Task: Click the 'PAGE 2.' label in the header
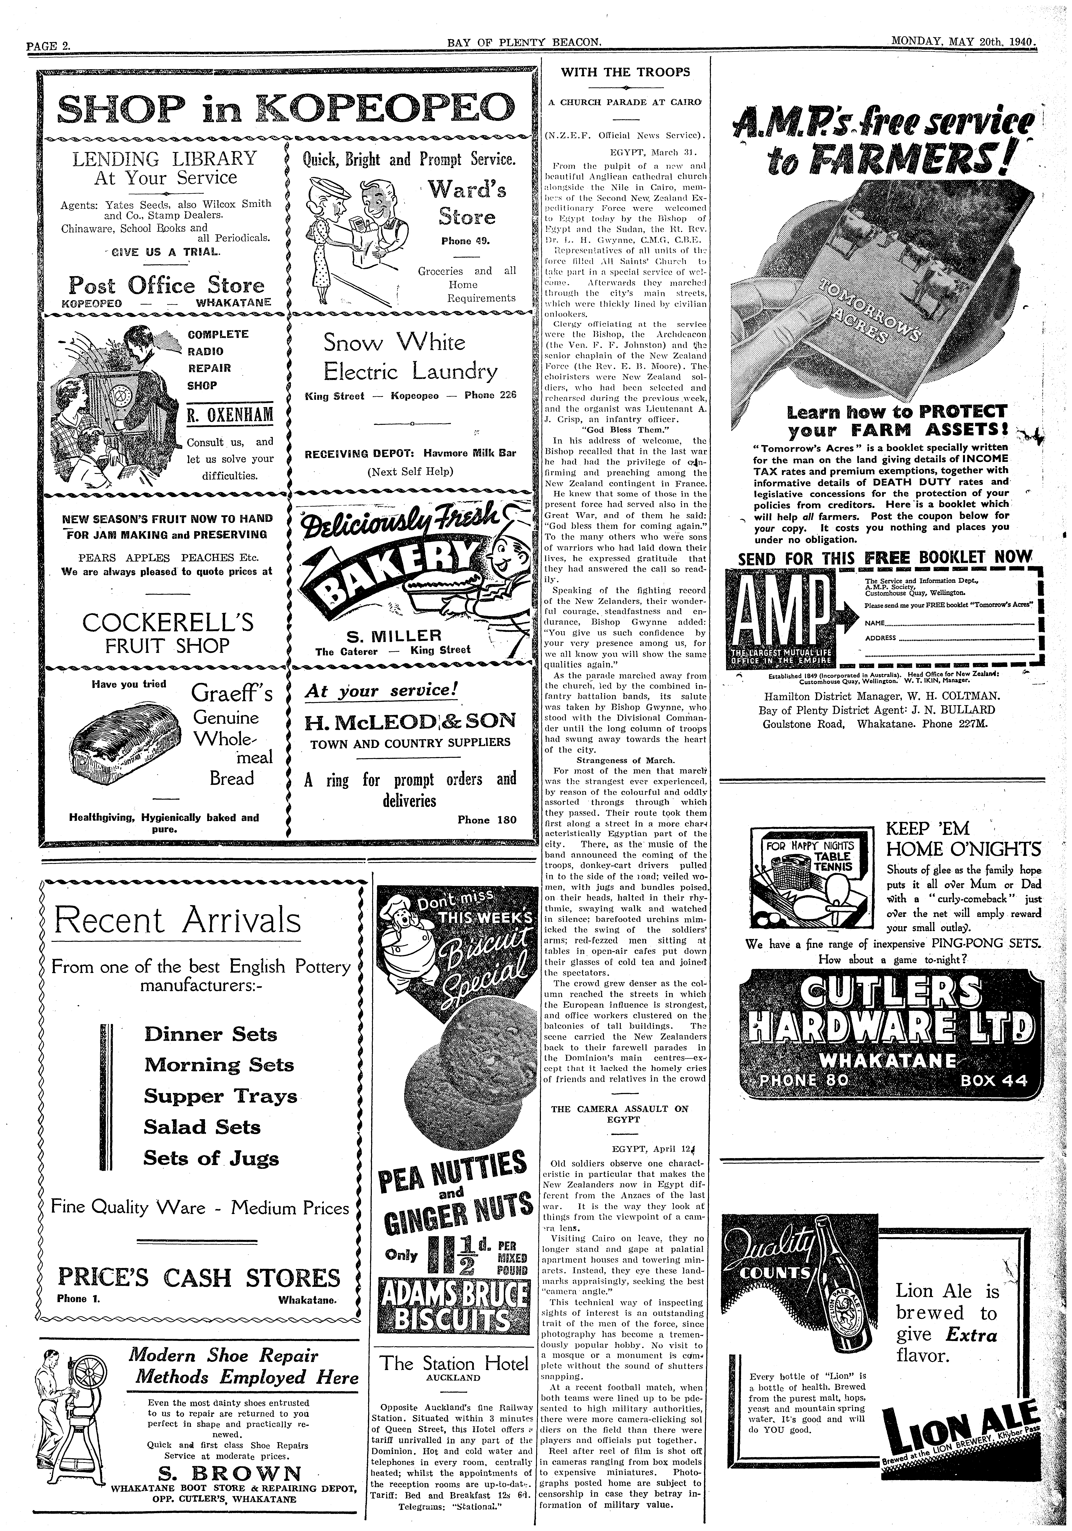click(48, 45)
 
